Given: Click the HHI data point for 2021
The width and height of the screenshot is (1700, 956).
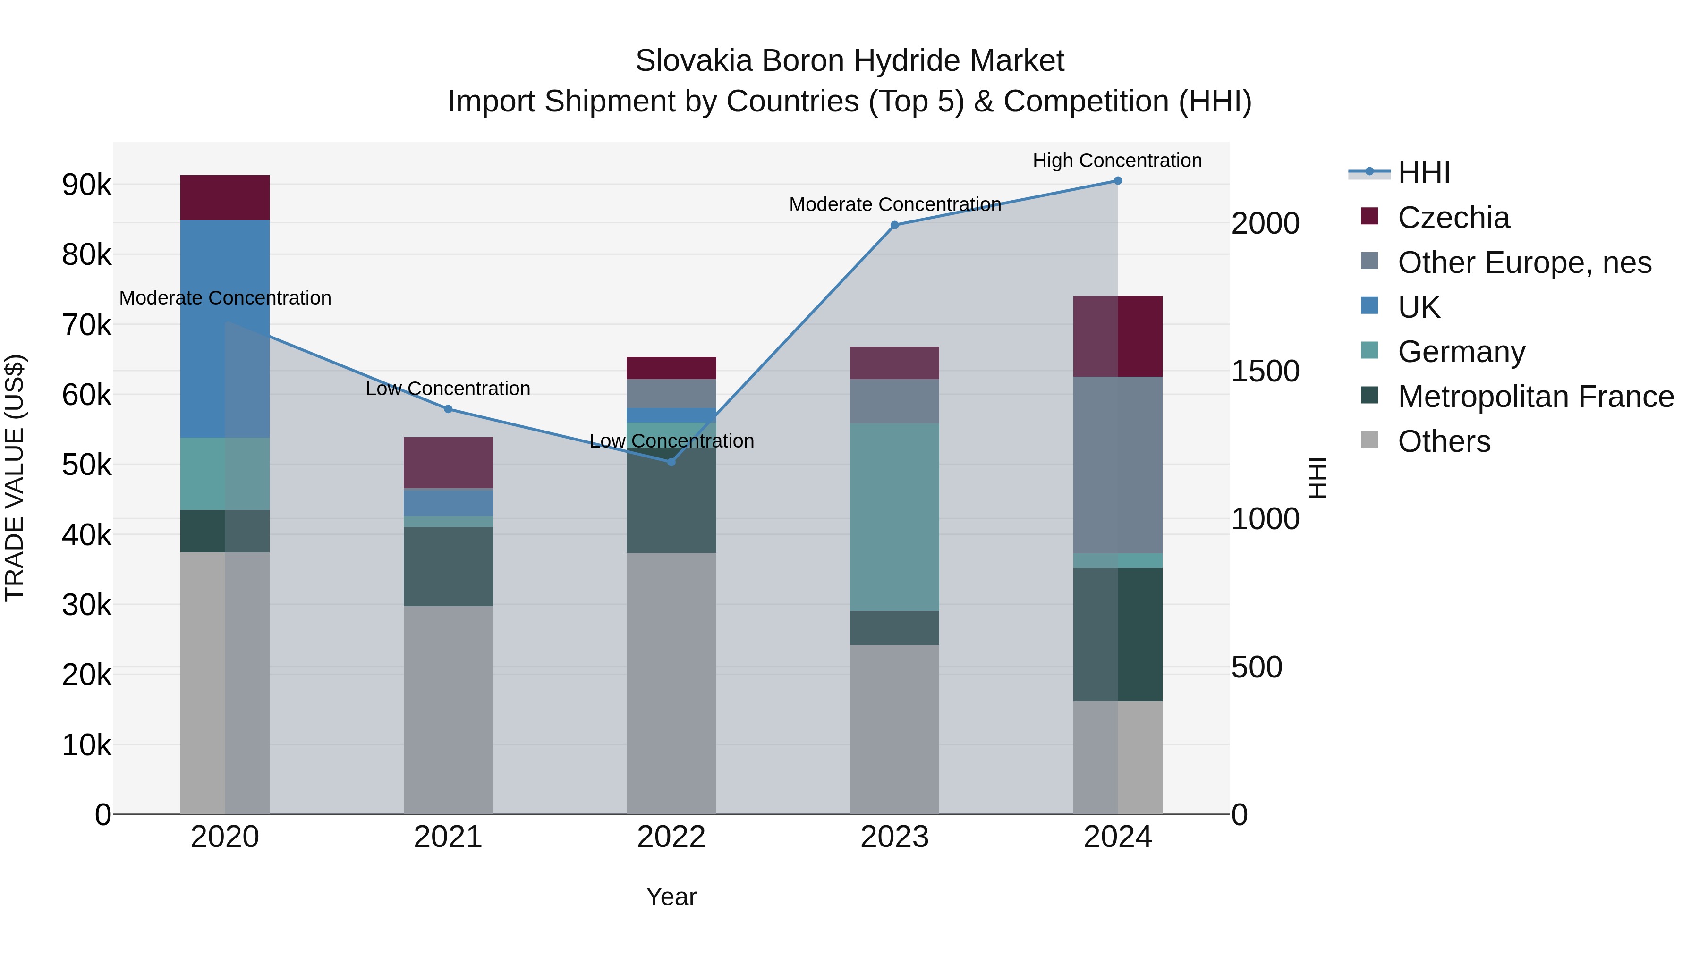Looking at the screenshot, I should [448, 409].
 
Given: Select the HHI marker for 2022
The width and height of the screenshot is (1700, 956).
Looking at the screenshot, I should [671, 462].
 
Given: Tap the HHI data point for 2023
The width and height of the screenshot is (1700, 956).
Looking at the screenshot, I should [894, 225].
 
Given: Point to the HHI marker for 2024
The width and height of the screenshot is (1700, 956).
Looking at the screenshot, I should [1117, 181].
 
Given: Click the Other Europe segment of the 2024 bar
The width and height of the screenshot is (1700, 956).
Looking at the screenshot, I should [1117, 465].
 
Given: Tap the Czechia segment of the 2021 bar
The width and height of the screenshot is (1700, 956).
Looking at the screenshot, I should [448, 463].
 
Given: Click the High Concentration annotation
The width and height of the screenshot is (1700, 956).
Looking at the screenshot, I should [1117, 161].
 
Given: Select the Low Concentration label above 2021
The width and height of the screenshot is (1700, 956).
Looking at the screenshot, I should [448, 389].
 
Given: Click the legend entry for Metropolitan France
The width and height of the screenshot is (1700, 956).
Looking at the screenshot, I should [1535, 397].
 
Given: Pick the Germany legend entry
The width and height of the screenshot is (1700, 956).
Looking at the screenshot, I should [1461, 352].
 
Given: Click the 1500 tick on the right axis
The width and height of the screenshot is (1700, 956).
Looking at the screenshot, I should [1265, 372].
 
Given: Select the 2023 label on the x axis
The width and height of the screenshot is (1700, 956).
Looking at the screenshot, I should [894, 837].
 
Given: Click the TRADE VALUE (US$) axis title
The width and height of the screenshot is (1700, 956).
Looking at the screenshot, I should [15, 478].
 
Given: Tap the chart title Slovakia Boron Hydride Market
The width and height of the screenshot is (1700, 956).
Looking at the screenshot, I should [850, 61].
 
